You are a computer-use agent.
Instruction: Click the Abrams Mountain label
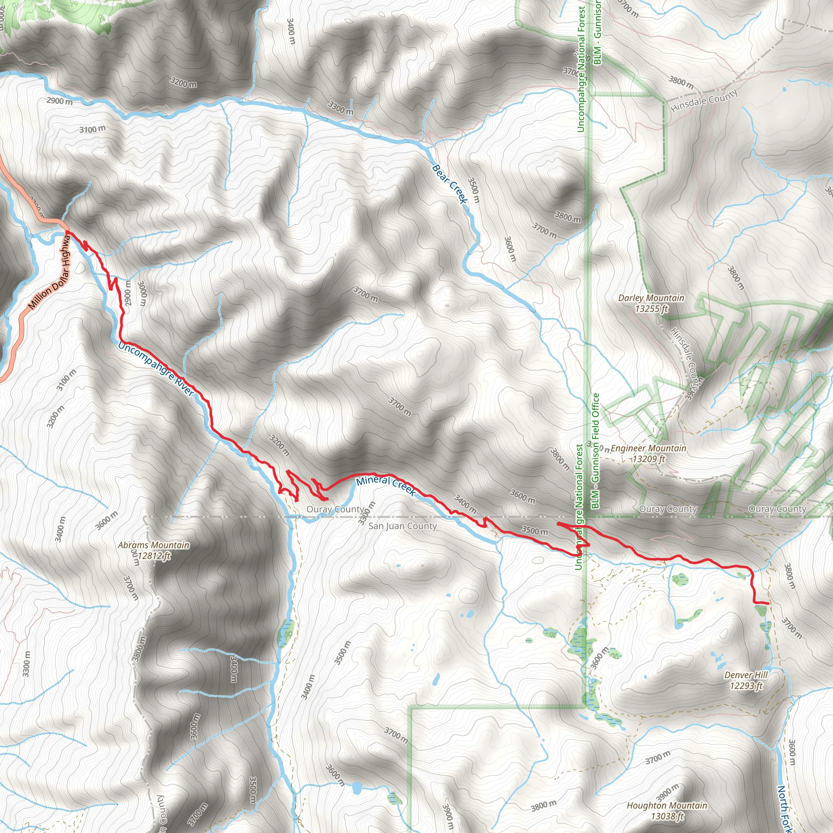click(153, 550)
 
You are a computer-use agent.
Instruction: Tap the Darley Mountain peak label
click(651, 303)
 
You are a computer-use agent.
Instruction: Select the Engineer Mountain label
click(648, 453)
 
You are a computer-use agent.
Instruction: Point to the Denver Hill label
click(746, 680)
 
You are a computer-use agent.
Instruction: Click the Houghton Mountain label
click(667, 811)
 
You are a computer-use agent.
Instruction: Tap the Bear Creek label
click(449, 184)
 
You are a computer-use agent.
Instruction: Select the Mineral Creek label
click(386, 486)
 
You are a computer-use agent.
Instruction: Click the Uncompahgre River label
click(156, 369)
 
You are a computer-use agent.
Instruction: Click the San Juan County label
click(402, 526)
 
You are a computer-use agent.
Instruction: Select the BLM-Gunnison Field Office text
click(595, 451)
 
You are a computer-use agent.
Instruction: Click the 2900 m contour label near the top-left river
click(59, 101)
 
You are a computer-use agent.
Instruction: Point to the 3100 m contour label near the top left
click(92, 129)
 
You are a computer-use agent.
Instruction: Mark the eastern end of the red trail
click(768, 603)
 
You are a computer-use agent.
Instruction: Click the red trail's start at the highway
click(68, 232)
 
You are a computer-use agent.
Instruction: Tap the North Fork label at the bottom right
click(784, 809)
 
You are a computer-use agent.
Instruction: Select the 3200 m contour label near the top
click(183, 82)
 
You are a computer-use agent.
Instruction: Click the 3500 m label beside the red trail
click(534, 530)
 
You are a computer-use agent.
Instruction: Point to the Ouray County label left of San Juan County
click(335, 509)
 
